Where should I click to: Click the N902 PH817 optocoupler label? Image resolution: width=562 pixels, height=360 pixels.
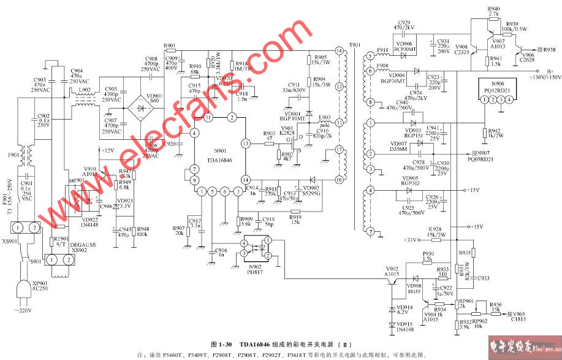253,269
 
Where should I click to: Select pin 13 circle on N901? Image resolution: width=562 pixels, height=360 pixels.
245,144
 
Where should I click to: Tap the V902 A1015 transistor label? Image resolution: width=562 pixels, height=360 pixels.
392,271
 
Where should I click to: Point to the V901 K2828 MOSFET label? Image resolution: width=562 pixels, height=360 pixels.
287,131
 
